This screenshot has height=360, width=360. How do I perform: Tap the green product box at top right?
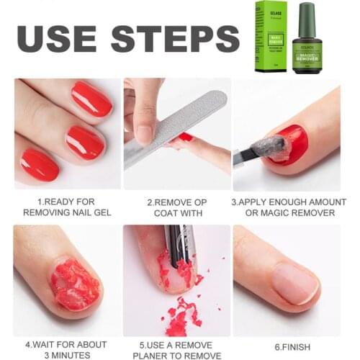(x=271, y=37)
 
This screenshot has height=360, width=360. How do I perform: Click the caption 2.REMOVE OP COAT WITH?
(x=176, y=207)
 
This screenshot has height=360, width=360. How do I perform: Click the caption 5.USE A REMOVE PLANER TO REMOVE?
(x=176, y=350)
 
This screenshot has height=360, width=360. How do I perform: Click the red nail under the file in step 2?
(x=186, y=136)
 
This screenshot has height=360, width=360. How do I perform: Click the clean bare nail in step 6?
(x=295, y=282)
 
